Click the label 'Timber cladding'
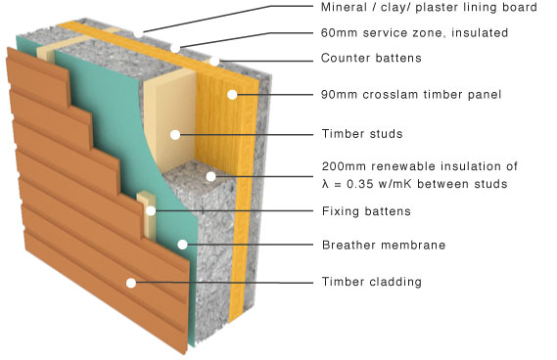[x=371, y=282]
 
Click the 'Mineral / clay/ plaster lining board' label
[x=428, y=9]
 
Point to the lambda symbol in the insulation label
[x=326, y=183]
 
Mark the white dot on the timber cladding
[x=130, y=283]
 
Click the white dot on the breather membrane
[x=180, y=244]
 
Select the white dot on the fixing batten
[x=151, y=209]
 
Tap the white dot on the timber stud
[x=173, y=133]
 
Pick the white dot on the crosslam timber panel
[x=233, y=95]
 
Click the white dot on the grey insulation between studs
[x=209, y=176]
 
